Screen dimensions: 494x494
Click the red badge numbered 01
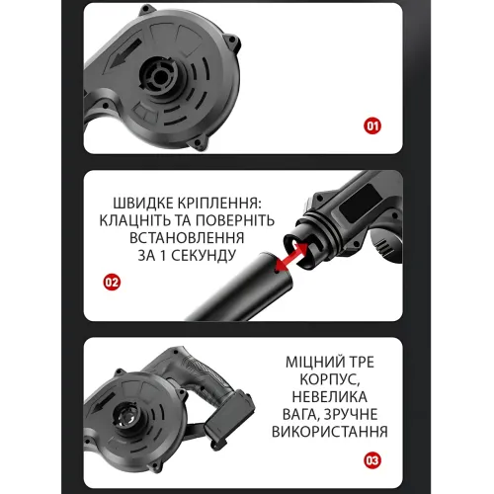tap(372, 125)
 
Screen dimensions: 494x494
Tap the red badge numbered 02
tap(112, 283)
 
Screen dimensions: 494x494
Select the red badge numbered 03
tap(372, 460)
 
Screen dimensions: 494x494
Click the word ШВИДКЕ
tap(143, 204)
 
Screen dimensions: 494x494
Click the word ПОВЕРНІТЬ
tap(235, 220)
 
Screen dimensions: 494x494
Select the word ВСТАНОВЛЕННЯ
tap(187, 238)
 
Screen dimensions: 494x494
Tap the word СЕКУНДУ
tap(204, 256)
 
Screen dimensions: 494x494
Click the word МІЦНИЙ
tap(313, 362)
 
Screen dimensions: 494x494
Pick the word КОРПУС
tap(329, 379)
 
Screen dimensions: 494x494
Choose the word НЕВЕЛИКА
tap(329, 397)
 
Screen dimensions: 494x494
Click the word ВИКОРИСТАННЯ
tap(329, 432)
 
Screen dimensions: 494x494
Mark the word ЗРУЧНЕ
tap(351, 414)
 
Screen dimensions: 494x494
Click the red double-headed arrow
tap(291, 256)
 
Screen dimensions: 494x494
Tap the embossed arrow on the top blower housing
tap(124, 53)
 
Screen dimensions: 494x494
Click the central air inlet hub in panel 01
tap(159, 76)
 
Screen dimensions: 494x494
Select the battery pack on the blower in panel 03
tap(230, 417)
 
